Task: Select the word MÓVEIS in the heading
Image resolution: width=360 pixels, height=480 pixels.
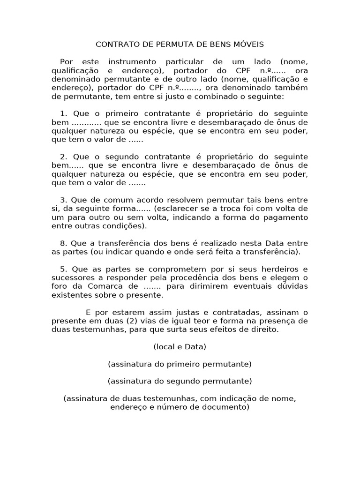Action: [x=247, y=45]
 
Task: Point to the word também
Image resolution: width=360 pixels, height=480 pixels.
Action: [x=292, y=88]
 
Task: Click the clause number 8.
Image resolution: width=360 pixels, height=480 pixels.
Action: [x=62, y=243]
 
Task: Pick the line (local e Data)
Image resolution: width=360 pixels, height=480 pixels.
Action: [x=180, y=347]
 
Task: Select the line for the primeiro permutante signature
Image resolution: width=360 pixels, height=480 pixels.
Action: [x=180, y=364]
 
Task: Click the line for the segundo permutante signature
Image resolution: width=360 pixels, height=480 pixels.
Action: [x=180, y=381]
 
